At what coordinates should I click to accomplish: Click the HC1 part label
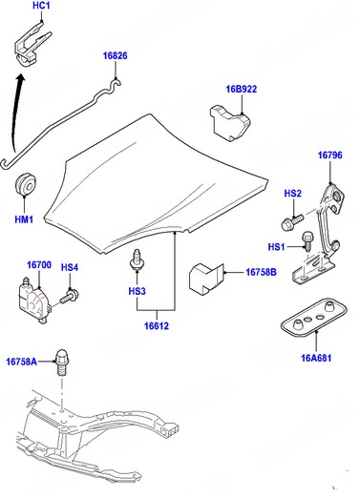41,6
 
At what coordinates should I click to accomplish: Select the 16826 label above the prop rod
115,55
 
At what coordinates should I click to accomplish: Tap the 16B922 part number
242,89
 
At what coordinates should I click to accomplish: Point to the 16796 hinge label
330,156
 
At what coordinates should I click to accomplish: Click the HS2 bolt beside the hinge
292,222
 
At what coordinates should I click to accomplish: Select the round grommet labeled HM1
25,185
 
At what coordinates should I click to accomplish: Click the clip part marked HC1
32,43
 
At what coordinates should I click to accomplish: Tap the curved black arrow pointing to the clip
15,112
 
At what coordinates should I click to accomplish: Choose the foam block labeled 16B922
230,123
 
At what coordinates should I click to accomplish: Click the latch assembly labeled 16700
34,301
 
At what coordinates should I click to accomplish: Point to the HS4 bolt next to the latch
70,297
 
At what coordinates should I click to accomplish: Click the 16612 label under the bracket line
157,326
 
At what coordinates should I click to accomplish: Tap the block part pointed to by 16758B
207,278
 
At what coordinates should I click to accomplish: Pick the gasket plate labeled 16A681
313,317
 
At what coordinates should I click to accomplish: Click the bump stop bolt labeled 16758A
62,363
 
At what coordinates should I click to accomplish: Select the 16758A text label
22,362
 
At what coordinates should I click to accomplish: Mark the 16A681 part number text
316,358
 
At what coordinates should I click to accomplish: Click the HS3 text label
138,291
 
